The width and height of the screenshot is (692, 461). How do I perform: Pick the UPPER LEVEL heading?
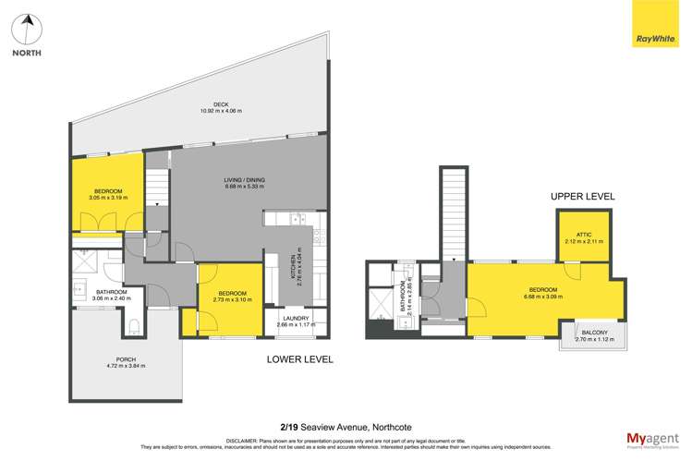pos(582,197)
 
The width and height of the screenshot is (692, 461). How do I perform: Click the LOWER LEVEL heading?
pos(299,358)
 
